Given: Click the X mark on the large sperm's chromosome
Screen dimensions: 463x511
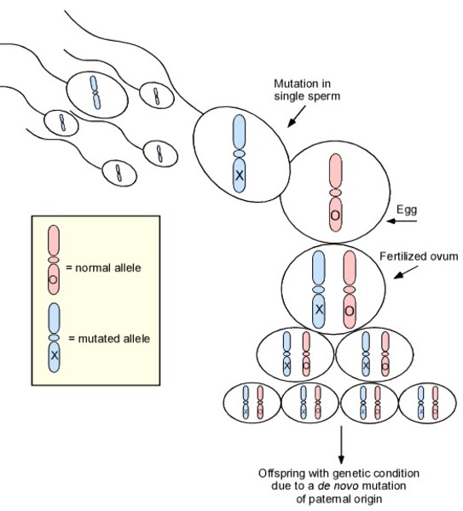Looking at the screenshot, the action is point(240,175).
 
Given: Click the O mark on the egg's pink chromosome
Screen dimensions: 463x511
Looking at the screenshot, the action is point(335,215).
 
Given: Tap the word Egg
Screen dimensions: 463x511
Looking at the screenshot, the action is point(407,210).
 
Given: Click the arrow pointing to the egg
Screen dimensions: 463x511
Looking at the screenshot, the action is point(402,221).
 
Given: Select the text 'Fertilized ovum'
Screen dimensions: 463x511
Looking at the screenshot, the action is point(419,256).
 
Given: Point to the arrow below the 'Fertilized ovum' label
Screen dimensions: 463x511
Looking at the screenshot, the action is point(406,273).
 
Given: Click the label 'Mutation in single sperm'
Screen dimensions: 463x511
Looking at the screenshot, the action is point(307,90).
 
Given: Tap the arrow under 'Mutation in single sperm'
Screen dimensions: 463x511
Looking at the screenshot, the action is point(296,116).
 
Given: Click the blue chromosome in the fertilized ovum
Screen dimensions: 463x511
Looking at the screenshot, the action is point(319,289).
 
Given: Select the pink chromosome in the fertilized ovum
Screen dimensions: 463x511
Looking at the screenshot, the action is point(350,289).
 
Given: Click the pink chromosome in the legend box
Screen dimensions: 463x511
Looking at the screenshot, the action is point(54,260).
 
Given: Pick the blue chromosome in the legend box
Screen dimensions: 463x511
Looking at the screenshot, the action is point(55,337).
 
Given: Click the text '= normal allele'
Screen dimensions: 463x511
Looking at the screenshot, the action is point(103,268).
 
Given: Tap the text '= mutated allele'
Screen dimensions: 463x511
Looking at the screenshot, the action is point(109,339).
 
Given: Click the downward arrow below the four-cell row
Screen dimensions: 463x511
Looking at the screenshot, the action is point(341,445).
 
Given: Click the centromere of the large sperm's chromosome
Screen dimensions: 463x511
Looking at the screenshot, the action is point(239,153).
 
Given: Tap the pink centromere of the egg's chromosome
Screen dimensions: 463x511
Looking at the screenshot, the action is point(335,193).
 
